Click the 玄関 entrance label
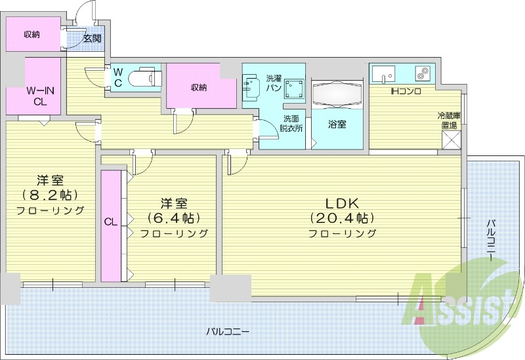pos(93,39)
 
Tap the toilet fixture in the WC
pos(142,78)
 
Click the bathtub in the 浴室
pos(336,96)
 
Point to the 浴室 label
pos(337,124)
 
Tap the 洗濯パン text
pos(274,83)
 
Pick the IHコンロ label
pos(405,91)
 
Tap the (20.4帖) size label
pos(342,218)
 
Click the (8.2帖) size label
pos(51,195)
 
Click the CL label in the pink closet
pos(110,222)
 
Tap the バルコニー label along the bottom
pos(227,332)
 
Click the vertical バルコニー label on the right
pos(490,240)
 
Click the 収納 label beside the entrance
pos(31,34)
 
